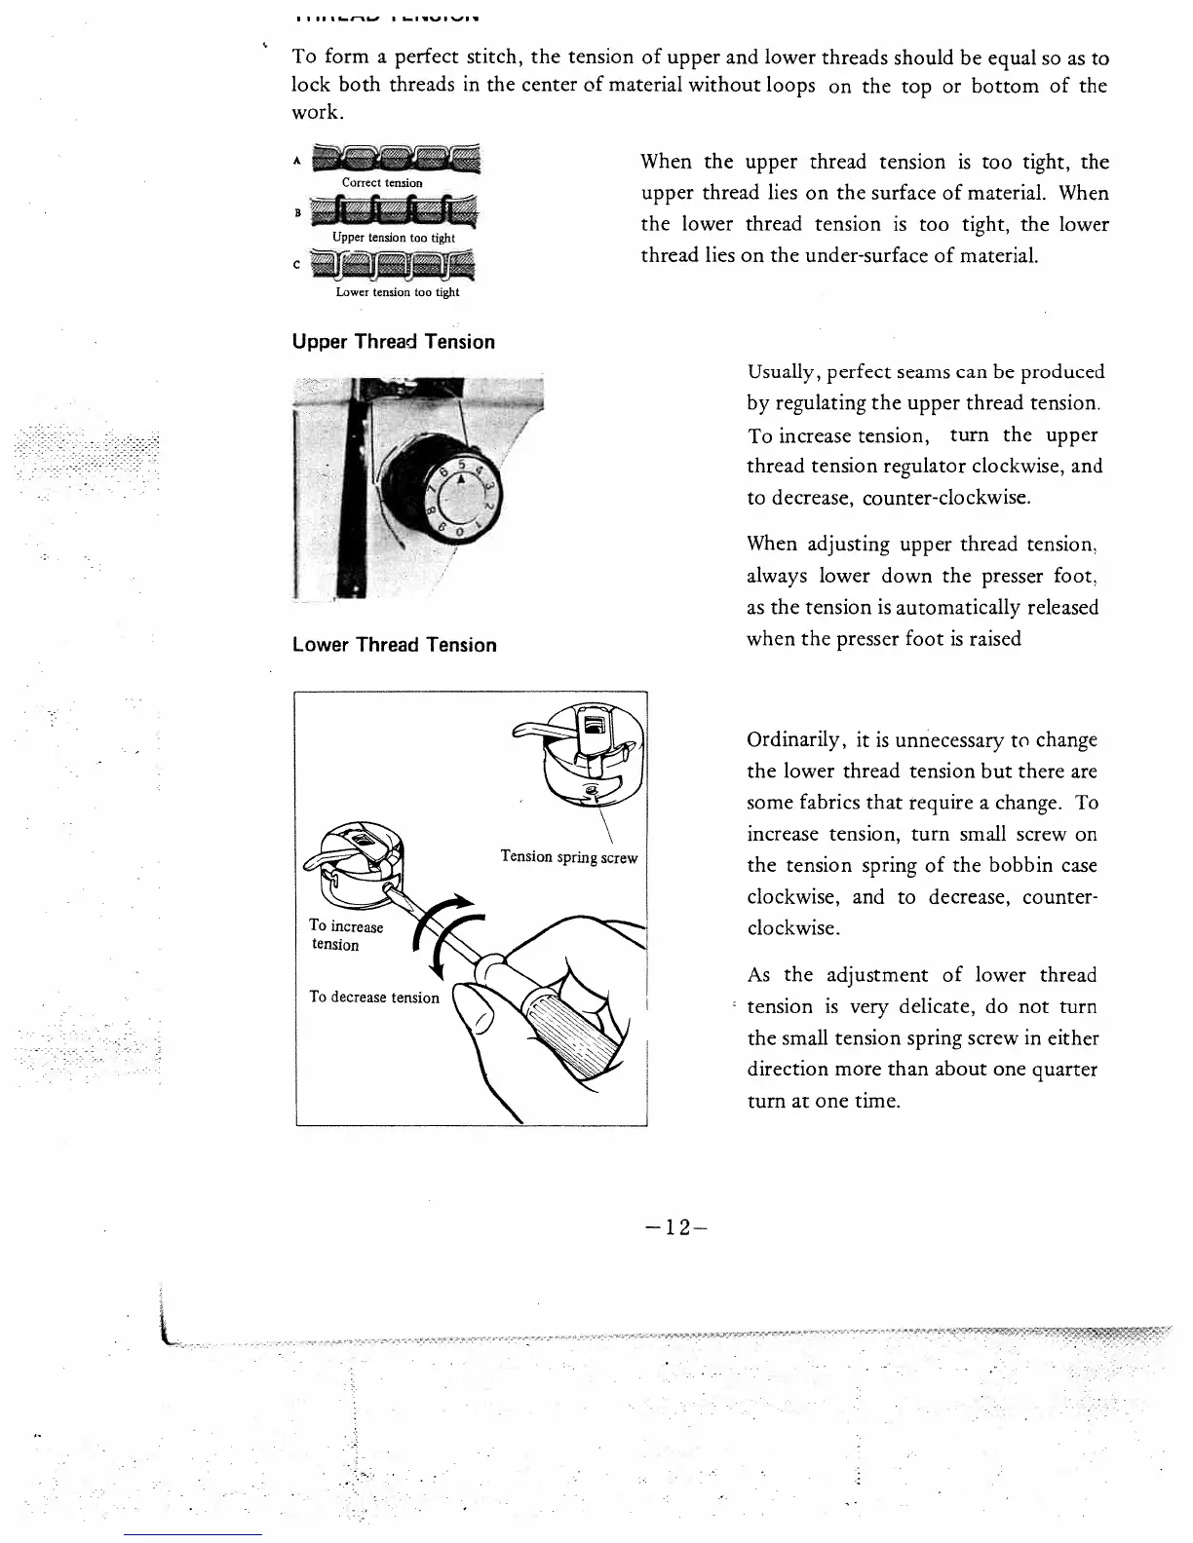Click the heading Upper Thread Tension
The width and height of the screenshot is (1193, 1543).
[x=393, y=342]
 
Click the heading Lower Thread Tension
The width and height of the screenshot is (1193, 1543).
[x=394, y=645]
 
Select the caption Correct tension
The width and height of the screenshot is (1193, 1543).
[x=382, y=183]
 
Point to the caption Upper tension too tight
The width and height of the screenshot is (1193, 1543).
[x=393, y=238]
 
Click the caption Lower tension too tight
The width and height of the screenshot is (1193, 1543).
[x=397, y=292]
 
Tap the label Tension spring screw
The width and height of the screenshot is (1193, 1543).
[x=568, y=857]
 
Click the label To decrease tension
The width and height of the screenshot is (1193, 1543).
[x=373, y=997]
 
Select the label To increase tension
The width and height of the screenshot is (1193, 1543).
[x=345, y=935]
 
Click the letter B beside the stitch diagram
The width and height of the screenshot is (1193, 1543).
[x=298, y=211]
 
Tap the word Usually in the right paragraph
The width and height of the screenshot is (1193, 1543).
[x=785, y=372]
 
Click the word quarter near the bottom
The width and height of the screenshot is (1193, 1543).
[x=1064, y=1070]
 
